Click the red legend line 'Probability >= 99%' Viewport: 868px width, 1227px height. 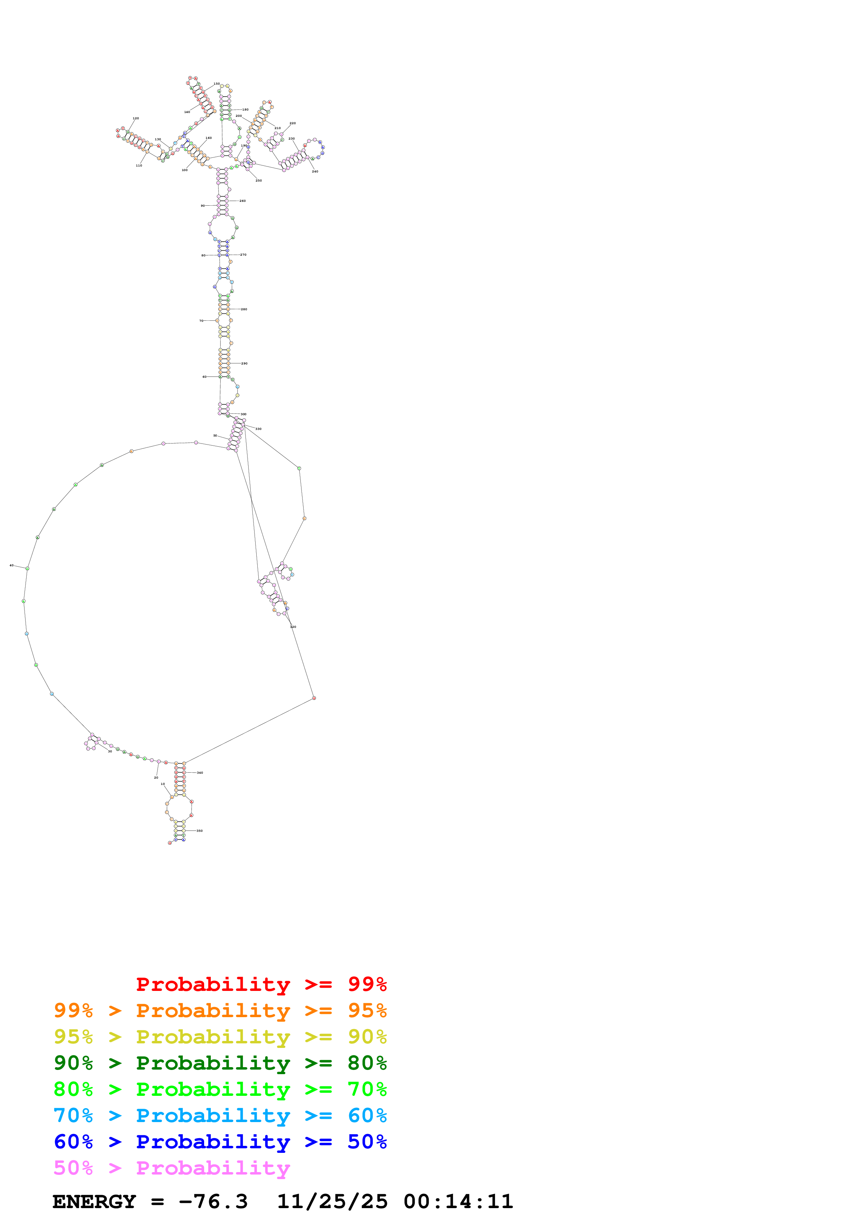point(261,984)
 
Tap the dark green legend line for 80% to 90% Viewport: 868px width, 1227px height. point(220,1063)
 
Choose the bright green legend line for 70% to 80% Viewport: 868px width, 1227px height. point(220,1089)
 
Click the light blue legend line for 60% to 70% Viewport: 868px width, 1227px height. point(220,1115)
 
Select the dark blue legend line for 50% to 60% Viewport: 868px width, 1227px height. point(220,1142)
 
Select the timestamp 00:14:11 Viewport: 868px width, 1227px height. point(458,1201)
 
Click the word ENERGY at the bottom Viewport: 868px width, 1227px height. point(94,1201)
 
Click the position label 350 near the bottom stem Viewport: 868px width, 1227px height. point(200,830)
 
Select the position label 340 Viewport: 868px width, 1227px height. point(200,772)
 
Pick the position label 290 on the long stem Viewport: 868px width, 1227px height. point(244,363)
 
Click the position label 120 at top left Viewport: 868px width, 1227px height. point(136,118)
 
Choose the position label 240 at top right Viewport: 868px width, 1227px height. point(315,171)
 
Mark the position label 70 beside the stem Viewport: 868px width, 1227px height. point(201,321)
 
